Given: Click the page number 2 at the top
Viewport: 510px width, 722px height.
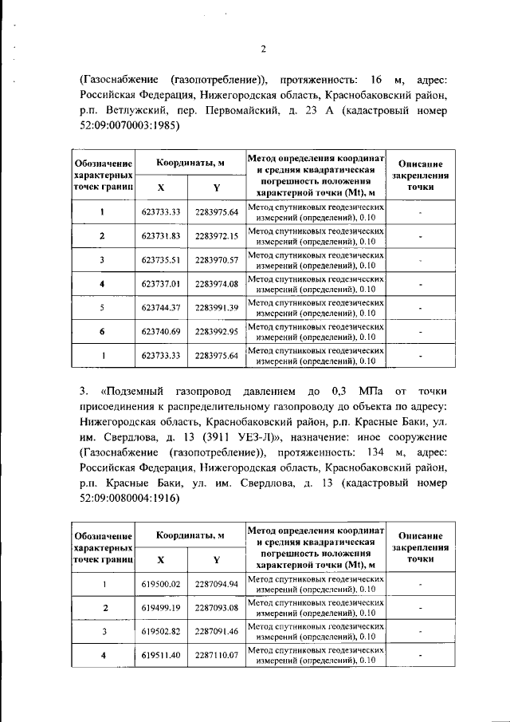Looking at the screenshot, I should (263, 49).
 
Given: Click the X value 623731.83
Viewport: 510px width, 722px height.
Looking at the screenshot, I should (162, 235).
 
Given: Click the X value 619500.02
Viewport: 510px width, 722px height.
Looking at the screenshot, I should (162, 584).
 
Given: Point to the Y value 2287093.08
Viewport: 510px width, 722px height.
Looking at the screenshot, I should (217, 608).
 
